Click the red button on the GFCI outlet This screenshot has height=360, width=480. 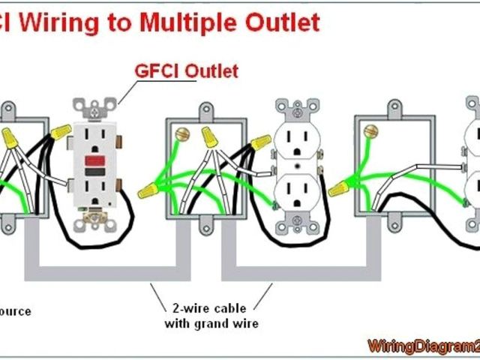[96, 160]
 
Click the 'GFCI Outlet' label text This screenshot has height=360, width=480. [185, 71]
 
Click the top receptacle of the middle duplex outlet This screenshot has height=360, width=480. [299, 141]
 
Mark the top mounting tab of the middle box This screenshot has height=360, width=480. [205, 110]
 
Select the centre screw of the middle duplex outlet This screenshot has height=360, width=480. [299, 166]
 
